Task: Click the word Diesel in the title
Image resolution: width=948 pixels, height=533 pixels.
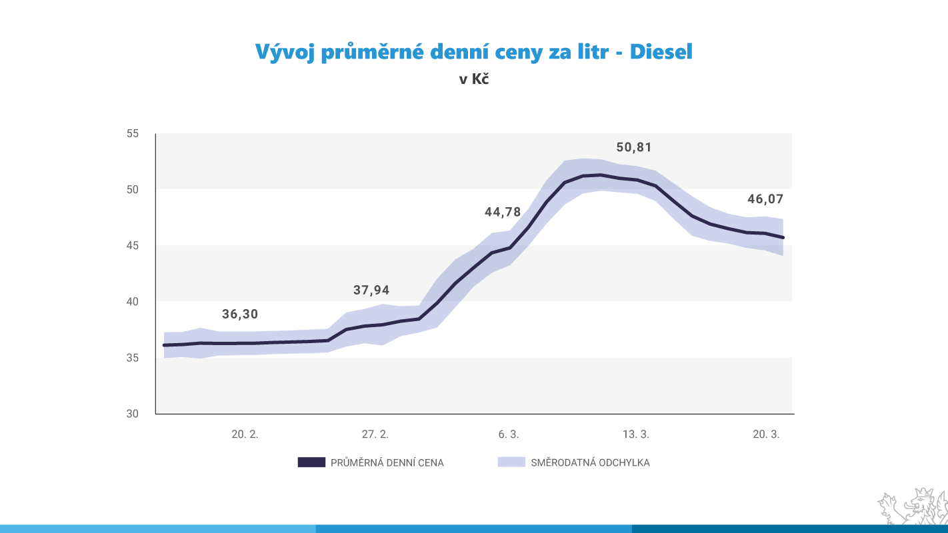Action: click(x=661, y=52)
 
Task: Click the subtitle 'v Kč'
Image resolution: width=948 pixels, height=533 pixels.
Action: click(x=474, y=79)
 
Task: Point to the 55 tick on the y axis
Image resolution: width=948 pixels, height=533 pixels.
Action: click(x=132, y=133)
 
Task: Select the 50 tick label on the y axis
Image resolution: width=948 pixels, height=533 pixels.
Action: click(x=132, y=189)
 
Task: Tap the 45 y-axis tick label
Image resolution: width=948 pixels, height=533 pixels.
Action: click(x=132, y=246)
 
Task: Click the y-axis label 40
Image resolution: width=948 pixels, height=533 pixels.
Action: click(x=132, y=302)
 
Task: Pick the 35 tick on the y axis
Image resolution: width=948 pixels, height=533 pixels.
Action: click(x=132, y=358)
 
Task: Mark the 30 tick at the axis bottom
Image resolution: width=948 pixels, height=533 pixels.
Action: click(x=132, y=414)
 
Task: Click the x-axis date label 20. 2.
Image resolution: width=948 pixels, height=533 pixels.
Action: click(x=245, y=434)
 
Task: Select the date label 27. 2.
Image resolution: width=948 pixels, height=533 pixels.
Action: click(x=375, y=434)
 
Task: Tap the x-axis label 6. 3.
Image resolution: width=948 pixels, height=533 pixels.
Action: click(x=508, y=434)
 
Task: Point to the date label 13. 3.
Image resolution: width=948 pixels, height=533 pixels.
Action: click(x=635, y=434)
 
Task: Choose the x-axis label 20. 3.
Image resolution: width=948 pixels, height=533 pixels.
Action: click(x=766, y=434)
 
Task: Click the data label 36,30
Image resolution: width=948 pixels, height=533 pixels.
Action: click(x=239, y=314)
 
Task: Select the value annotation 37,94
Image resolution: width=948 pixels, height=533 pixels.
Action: click(x=371, y=290)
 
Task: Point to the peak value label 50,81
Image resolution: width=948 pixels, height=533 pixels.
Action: click(x=633, y=147)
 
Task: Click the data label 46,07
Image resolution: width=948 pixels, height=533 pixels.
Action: click(x=765, y=199)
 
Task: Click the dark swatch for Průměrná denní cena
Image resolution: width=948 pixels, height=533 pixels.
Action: click(x=311, y=462)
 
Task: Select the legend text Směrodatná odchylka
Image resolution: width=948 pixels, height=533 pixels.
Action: click(x=590, y=462)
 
